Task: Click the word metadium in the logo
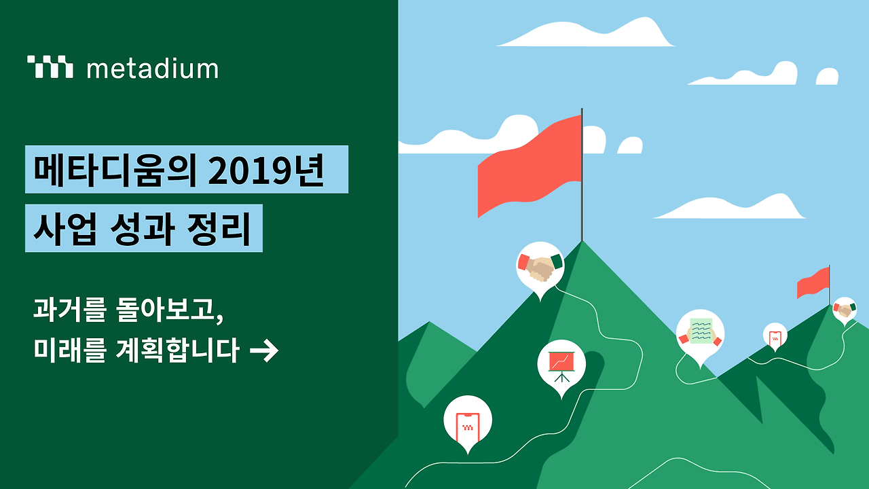pos(153,69)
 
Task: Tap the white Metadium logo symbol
pos(50,67)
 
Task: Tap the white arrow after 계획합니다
pos(264,351)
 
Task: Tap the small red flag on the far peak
pos(813,283)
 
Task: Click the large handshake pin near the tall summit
pos(540,266)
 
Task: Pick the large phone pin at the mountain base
pos(467,420)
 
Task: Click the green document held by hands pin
pos(700,333)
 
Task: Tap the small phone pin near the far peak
pos(775,335)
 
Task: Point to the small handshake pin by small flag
pos(844,310)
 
